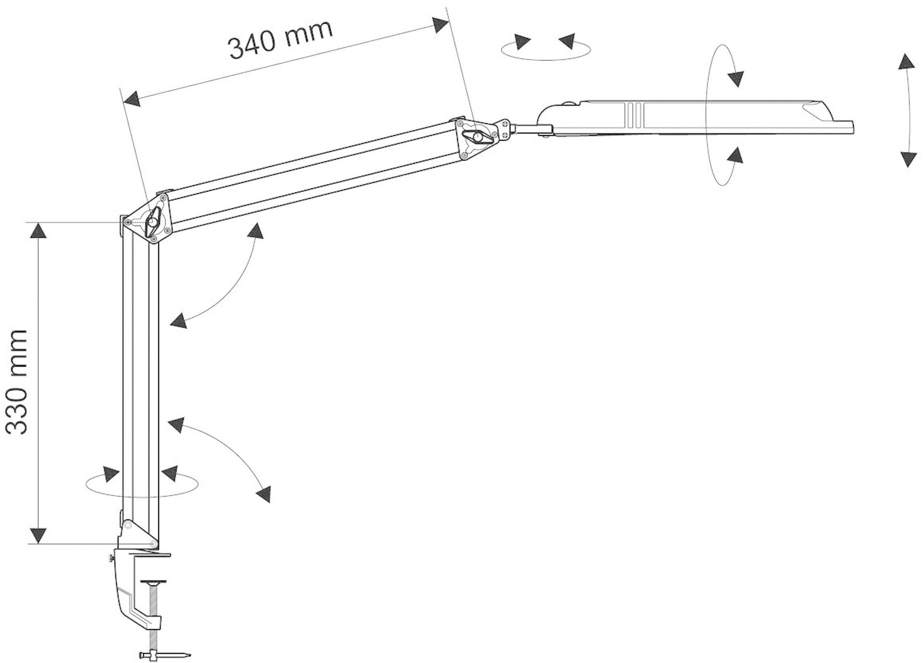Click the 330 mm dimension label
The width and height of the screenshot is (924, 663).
(17, 382)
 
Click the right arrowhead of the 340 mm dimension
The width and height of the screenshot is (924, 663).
(441, 25)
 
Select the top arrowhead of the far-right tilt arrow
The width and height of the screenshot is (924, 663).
(907, 61)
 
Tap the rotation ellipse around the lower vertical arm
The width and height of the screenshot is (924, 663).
(142, 485)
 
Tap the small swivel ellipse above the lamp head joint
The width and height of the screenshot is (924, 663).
(546, 51)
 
